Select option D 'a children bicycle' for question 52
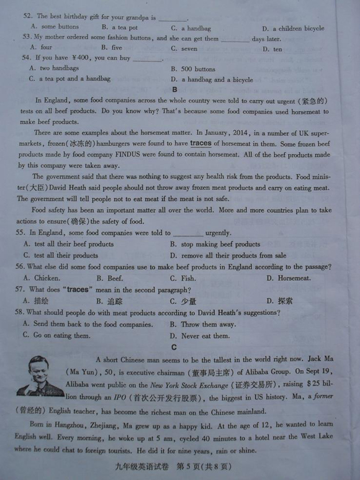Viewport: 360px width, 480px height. pos(293,28)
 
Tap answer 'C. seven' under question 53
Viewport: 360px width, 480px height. pos(184,48)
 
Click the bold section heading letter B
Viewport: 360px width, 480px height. pos(175,90)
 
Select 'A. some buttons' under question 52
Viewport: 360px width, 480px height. pos(55,27)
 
